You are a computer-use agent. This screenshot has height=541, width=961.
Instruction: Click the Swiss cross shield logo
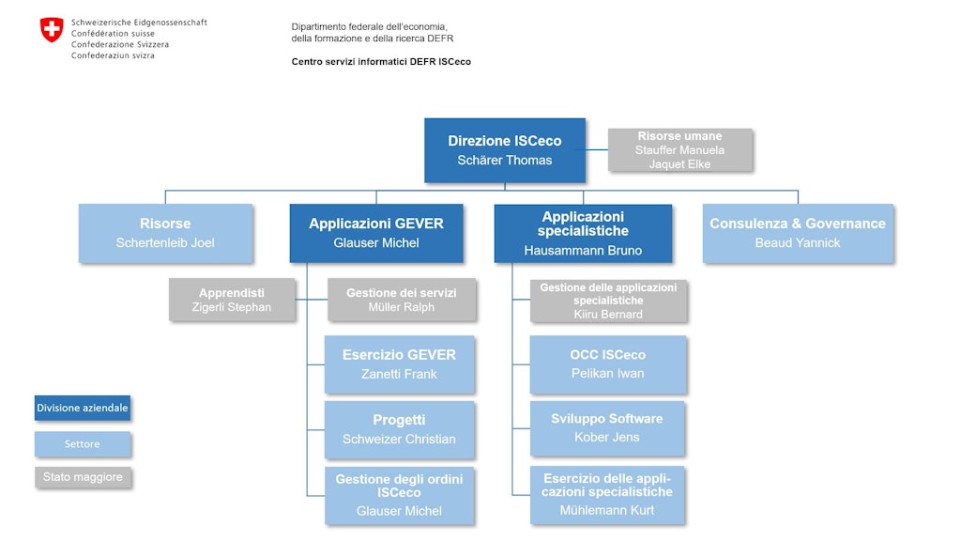52,30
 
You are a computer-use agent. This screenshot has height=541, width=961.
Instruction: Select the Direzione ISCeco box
505,150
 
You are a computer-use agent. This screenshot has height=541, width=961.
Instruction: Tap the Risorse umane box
679,150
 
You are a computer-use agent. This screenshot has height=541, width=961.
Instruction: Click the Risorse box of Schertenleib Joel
165,233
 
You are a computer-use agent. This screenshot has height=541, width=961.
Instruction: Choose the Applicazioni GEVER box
376,233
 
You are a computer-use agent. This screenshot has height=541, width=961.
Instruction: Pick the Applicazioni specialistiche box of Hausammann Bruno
583,233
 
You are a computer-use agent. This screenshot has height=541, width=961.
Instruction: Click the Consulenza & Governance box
798,233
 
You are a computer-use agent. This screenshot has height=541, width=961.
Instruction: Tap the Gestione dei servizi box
402,300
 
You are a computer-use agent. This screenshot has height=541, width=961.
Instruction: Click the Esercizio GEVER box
399,364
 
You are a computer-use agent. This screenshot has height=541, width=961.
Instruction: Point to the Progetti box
399,429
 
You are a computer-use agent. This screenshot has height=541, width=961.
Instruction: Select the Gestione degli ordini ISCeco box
399,495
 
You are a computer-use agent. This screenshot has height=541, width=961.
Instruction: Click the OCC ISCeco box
607,364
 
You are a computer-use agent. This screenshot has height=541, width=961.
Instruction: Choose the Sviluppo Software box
607,428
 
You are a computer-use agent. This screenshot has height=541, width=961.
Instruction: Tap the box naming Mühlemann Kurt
607,495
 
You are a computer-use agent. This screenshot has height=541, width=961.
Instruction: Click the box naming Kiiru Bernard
608,301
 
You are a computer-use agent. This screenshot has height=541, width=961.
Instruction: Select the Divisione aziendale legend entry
83,409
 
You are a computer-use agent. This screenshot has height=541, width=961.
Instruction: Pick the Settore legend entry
83,443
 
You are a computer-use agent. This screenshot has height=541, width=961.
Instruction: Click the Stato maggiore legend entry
83,477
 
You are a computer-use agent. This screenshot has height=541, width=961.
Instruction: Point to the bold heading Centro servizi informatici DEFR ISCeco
381,62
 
